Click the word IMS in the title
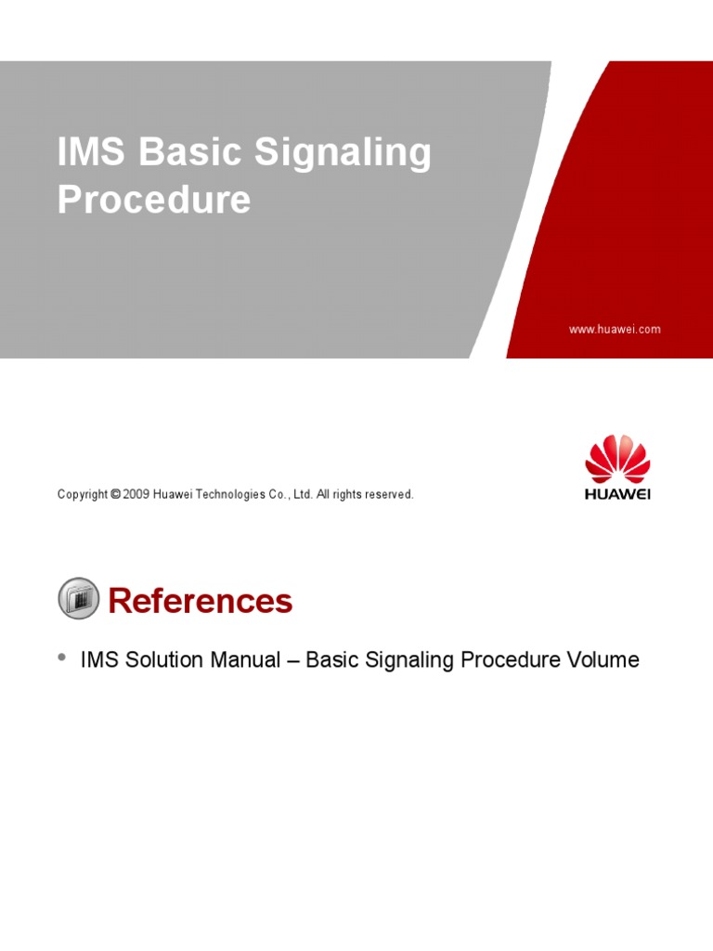[91, 152]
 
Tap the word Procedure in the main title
[154, 200]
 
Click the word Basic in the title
[190, 152]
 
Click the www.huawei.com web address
[615, 330]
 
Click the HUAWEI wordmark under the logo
[617, 494]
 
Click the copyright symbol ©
[115, 495]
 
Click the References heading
[200, 602]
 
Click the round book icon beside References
[79, 599]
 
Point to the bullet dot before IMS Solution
[62, 658]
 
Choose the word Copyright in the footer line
[83, 495]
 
